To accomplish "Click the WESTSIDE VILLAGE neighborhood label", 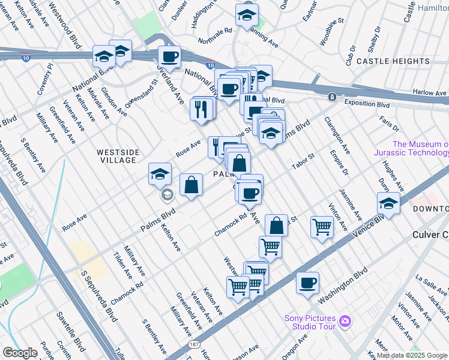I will [x=118, y=157].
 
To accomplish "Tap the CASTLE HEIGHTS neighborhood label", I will [x=393, y=61].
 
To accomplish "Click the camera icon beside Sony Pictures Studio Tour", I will [x=345, y=322].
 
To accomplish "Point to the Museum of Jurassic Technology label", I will [x=420, y=148].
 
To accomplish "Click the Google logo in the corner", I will [x=20, y=353].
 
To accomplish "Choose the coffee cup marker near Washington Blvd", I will [x=307, y=283].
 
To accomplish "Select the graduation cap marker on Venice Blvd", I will [x=388, y=204].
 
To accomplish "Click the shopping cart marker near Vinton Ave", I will [x=322, y=227].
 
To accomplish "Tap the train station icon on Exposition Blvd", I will [x=331, y=97].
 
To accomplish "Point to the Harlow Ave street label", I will [x=430, y=93].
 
